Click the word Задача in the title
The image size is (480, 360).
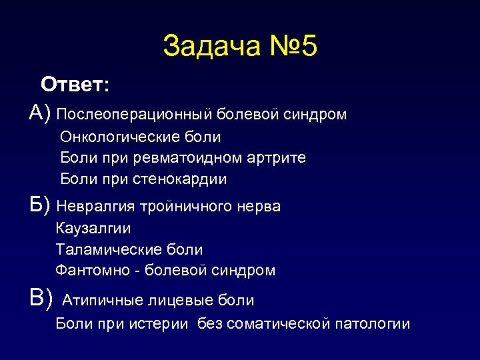(207, 46)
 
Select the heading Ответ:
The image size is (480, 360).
(75, 85)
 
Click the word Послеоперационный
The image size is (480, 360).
(135, 115)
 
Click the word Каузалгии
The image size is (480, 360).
(93, 229)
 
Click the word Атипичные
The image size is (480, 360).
(101, 301)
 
